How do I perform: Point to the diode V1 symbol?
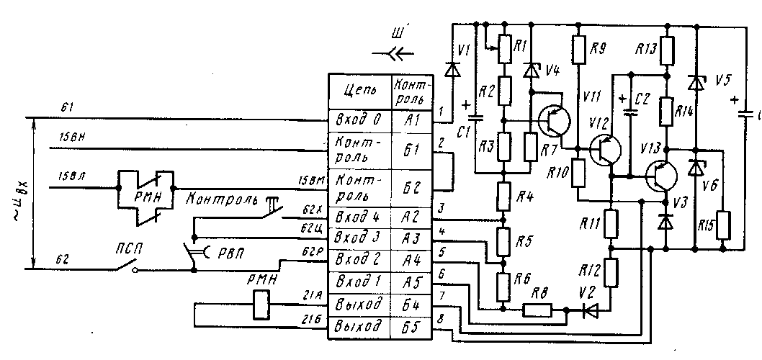(x=453, y=70)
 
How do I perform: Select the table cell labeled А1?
(x=412, y=120)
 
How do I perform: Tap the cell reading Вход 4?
(x=359, y=217)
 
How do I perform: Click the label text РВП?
(x=228, y=251)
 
